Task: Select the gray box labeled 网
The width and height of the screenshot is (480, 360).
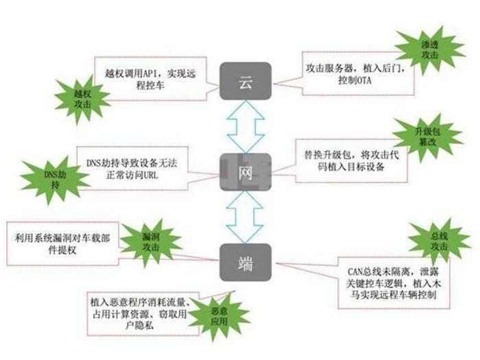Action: coord(245,171)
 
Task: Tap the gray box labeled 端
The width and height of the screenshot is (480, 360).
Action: coord(245,262)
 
